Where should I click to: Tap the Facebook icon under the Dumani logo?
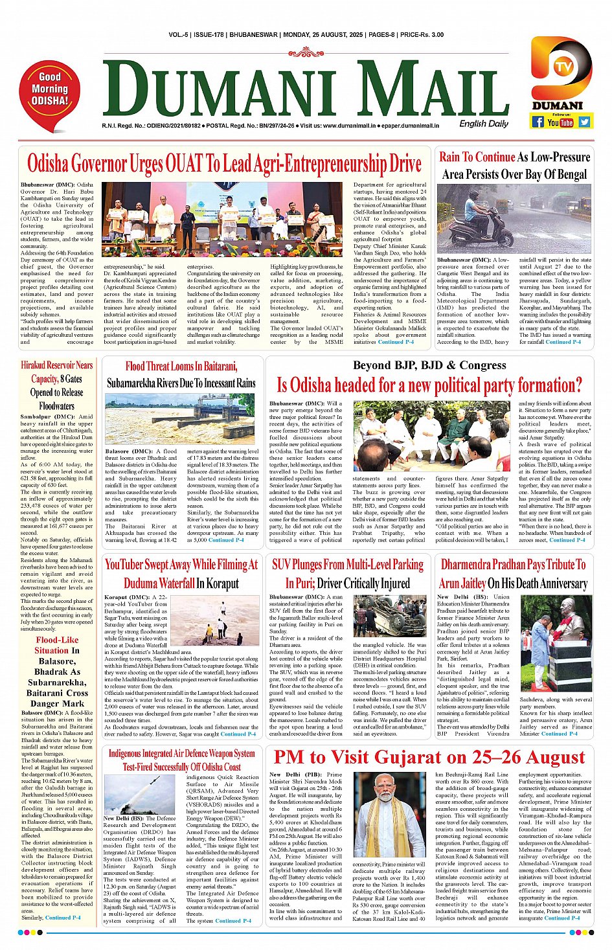click(x=538, y=122)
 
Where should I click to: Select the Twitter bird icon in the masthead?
click(x=585, y=122)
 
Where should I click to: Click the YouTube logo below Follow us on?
click(x=560, y=122)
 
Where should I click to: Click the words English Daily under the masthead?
click(x=484, y=124)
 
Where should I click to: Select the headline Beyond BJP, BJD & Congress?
click(x=429, y=365)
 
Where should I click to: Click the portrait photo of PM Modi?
click(x=389, y=815)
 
